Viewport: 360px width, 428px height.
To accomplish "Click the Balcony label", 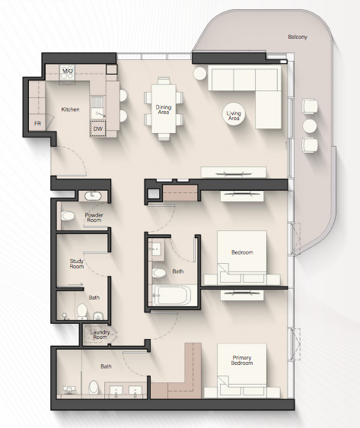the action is (x=298, y=36).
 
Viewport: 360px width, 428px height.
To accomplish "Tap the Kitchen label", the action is (x=70, y=109).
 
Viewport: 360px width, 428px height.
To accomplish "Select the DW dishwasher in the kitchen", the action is (x=98, y=128).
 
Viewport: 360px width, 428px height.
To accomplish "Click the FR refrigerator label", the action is (x=37, y=124).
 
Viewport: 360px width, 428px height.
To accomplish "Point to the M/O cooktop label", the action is (x=68, y=71).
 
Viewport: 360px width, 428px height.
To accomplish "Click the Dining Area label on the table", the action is (x=164, y=109).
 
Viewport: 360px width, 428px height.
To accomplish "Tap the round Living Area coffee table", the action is (x=234, y=114).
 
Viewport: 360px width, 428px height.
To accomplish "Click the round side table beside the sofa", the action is (x=199, y=73).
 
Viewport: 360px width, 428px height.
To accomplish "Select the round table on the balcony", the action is (x=310, y=126).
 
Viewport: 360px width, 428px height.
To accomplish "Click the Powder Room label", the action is (x=94, y=217).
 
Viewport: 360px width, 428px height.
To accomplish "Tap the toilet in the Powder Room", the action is (x=68, y=216).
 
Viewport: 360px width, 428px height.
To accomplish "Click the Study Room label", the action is (x=77, y=264).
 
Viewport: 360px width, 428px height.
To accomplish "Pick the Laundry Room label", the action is (x=100, y=334).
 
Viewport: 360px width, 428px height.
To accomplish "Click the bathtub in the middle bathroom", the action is (x=172, y=295).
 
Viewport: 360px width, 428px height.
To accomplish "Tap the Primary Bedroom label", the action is (x=242, y=360).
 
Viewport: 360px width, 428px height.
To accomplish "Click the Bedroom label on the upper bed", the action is (x=242, y=252).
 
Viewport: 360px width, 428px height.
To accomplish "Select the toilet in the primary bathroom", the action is (x=94, y=387).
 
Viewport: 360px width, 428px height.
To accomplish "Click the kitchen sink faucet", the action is (x=100, y=115).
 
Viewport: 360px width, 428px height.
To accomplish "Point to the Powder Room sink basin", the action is (x=93, y=196).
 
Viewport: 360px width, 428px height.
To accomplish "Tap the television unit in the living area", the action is (x=234, y=173).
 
